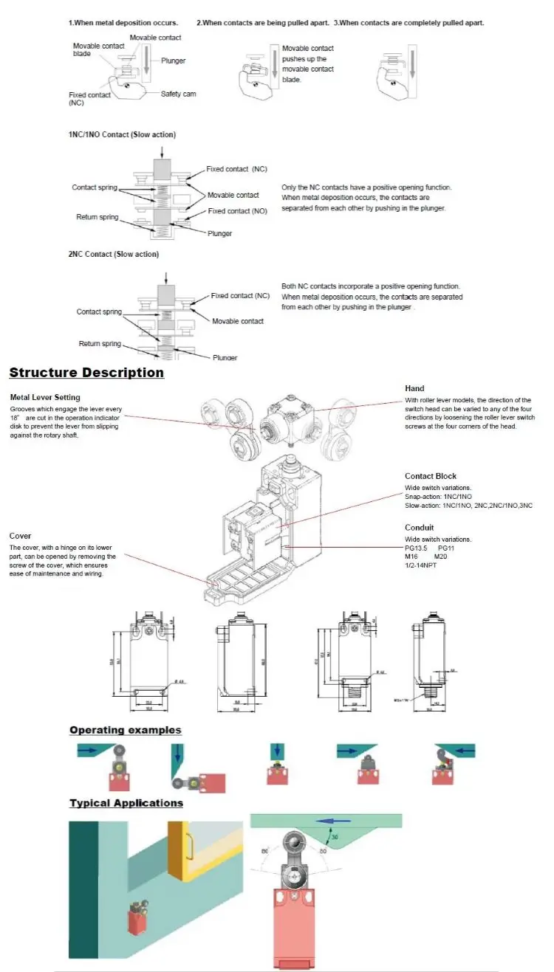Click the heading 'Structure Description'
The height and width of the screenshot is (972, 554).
[x=86, y=373]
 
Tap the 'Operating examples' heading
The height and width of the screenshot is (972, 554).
[x=125, y=730]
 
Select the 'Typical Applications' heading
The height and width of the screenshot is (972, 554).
[x=126, y=803]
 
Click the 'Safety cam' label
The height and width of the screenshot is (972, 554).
[x=179, y=94]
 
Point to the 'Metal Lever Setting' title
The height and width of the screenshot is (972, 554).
[x=45, y=397]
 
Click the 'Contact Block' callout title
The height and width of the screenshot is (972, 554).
[x=431, y=476]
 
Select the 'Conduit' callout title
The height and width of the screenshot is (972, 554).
[x=420, y=528]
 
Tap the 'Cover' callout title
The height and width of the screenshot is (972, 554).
[x=20, y=536]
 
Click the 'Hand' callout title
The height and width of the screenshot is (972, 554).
[x=414, y=388]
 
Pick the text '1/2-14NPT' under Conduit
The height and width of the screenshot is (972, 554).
[x=423, y=565]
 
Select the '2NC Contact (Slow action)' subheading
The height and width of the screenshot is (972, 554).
[x=113, y=255]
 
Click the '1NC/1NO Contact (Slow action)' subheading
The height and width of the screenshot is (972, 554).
[x=122, y=135]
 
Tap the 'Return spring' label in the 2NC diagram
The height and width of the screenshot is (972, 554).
[x=100, y=344]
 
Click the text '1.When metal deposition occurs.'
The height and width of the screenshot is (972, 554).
[x=123, y=23]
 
